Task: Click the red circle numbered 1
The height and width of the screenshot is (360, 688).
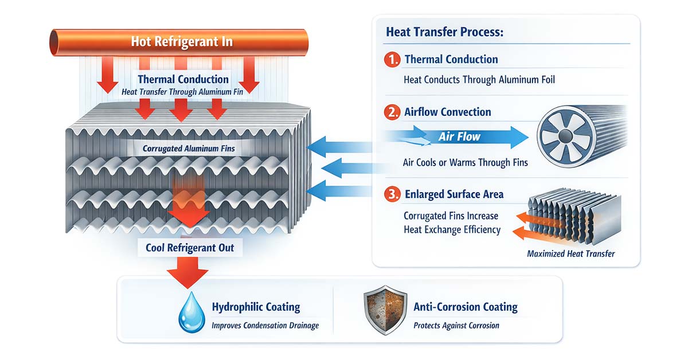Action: click(x=393, y=59)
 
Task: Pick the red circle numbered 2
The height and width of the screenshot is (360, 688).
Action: click(x=393, y=112)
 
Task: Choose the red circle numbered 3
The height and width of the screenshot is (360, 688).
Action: click(x=393, y=195)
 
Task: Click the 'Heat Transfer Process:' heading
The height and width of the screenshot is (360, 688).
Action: click(x=444, y=32)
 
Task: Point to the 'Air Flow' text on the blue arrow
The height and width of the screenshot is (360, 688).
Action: click(x=459, y=137)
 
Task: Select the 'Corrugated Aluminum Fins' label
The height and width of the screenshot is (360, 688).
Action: click(x=189, y=149)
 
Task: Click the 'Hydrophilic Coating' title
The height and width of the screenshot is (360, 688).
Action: click(x=256, y=307)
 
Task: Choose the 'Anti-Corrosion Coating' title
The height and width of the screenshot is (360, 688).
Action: click(x=466, y=307)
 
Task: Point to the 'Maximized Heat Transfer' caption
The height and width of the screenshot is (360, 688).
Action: click(x=570, y=253)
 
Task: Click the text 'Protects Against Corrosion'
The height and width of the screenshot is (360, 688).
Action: click(x=456, y=326)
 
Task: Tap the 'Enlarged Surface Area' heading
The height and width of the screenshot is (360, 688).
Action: click(x=454, y=195)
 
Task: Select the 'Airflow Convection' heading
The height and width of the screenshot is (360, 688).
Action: click(x=448, y=112)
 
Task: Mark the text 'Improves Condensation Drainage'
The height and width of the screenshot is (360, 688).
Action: click(x=265, y=326)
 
